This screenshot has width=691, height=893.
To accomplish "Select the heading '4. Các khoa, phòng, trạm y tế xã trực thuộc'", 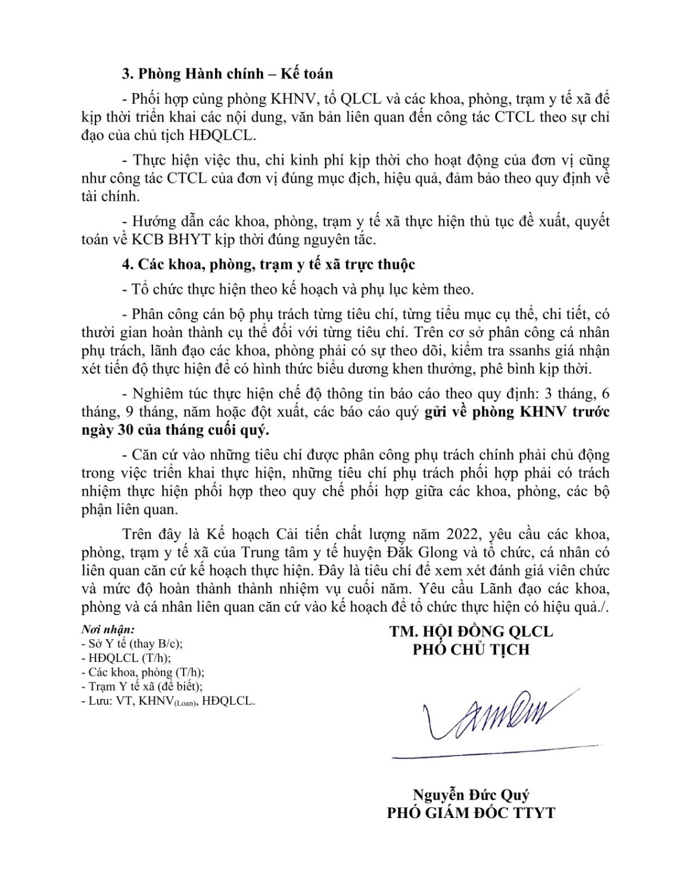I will click(268, 264).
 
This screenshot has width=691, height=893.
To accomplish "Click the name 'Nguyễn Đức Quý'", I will click(471, 794).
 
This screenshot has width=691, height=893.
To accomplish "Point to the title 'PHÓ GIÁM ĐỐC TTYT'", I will click(471, 812).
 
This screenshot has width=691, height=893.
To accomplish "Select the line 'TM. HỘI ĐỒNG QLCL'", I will click(471, 631).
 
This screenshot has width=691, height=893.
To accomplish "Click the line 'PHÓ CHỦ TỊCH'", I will click(471, 649).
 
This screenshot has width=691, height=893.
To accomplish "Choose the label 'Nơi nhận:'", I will click(108, 629).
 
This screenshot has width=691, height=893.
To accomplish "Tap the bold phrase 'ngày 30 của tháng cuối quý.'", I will click(175, 430).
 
